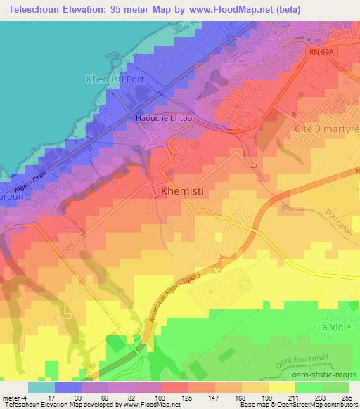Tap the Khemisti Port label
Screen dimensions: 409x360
(113, 79)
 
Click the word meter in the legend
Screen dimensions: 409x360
(9, 397)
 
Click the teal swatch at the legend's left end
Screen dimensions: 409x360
(40, 387)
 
